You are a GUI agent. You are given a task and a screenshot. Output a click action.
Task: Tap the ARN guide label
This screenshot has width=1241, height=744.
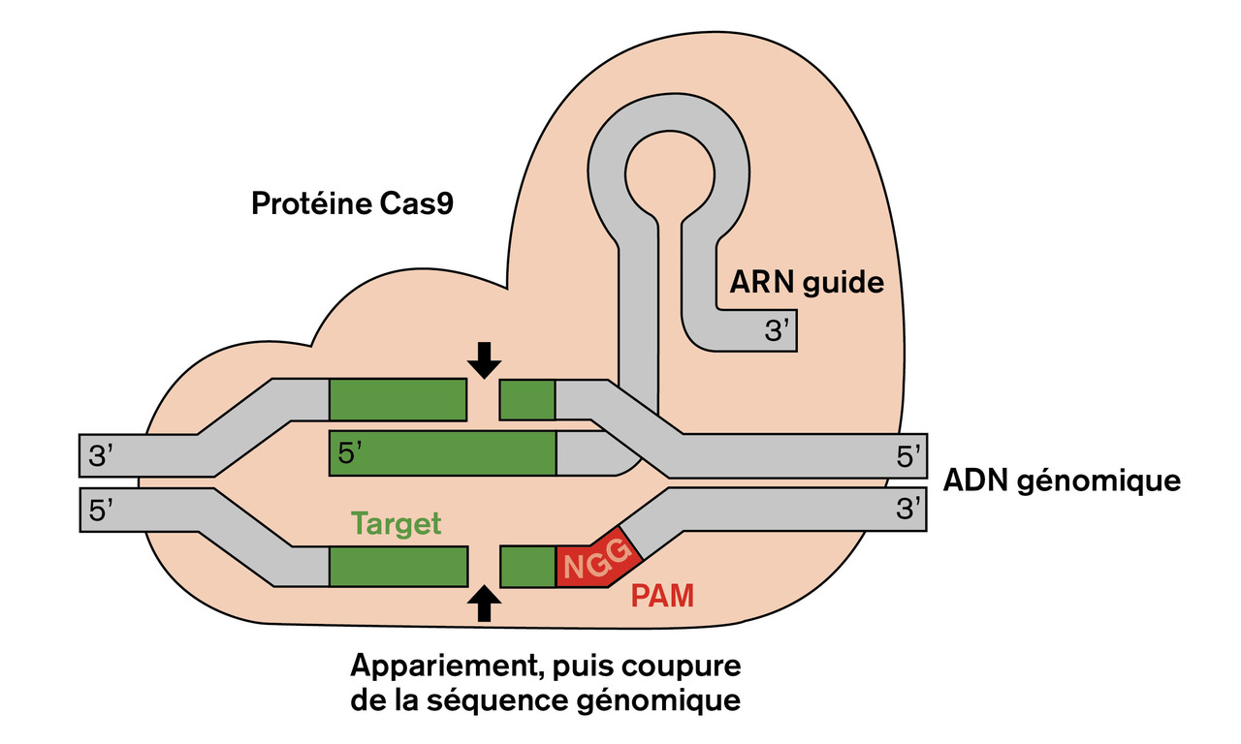(807, 283)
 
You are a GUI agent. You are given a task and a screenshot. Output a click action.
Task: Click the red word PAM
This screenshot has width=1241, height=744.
(663, 595)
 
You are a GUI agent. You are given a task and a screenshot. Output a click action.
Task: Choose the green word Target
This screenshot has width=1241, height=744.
(396, 524)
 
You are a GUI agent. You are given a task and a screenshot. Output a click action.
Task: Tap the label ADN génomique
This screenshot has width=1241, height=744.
(1063, 480)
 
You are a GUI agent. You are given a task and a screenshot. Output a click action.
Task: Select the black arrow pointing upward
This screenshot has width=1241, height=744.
(484, 604)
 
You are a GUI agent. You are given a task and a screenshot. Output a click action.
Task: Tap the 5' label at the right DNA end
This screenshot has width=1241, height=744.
(908, 456)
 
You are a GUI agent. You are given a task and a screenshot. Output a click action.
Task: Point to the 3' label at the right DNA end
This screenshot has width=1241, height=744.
(908, 511)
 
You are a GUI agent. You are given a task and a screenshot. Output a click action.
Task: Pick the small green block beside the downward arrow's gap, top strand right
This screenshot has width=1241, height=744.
(527, 400)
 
